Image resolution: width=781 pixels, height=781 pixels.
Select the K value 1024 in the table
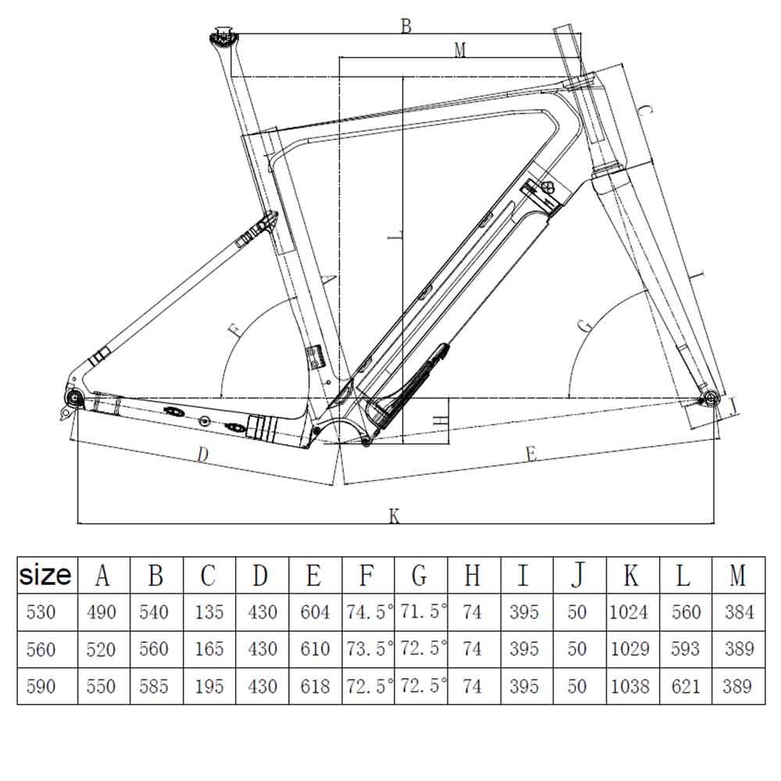pyautogui.click(x=629, y=612)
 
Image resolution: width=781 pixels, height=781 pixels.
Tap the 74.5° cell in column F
pyautogui.click(x=368, y=612)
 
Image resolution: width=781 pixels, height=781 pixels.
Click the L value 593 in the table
pyautogui.click(x=686, y=649)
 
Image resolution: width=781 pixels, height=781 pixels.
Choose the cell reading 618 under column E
pyautogui.click(x=315, y=686)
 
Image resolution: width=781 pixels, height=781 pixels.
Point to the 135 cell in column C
pyautogui.click(x=209, y=612)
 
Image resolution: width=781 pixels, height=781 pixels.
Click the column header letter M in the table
pyautogui.click(x=737, y=576)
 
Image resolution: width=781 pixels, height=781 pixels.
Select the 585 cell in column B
pyautogui.click(x=155, y=686)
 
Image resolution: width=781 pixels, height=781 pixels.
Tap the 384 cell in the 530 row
pyautogui.click(x=737, y=612)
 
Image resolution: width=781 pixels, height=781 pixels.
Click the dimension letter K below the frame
pyautogui.click(x=394, y=516)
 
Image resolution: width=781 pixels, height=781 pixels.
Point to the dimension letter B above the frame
pyautogui.click(x=405, y=26)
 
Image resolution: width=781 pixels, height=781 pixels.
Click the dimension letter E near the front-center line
pyautogui.click(x=532, y=454)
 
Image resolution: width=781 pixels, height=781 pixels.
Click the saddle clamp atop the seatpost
pyautogui.click(x=223, y=36)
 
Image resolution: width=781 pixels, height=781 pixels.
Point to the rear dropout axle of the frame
pyautogui.click(x=75, y=398)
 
